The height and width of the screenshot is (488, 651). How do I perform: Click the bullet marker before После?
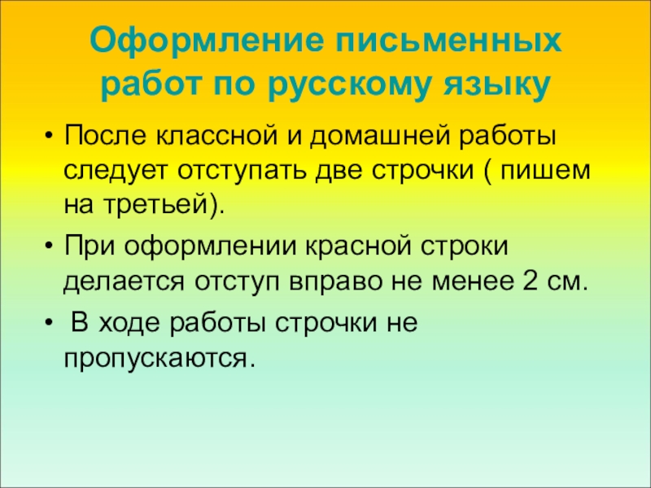50,134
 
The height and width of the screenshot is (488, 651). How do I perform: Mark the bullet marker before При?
50,246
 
